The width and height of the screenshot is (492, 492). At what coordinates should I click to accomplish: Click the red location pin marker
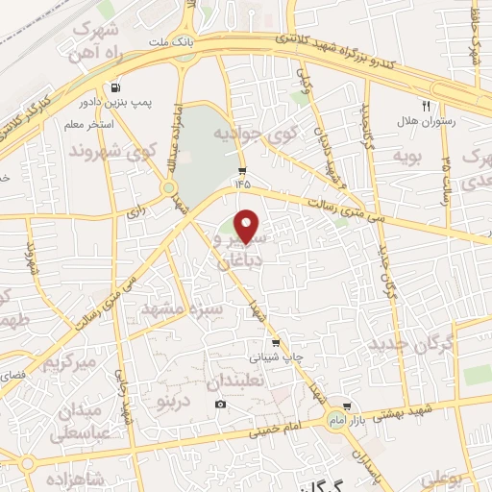click(248, 226)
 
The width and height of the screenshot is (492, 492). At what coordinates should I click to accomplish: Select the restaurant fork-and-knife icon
click(426, 106)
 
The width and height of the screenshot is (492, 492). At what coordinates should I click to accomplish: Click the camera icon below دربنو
click(221, 404)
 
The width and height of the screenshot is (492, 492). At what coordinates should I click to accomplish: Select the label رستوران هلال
click(432, 122)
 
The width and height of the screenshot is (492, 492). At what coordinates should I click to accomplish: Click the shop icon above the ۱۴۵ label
click(240, 169)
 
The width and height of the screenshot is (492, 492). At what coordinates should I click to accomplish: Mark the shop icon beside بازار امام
click(347, 406)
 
